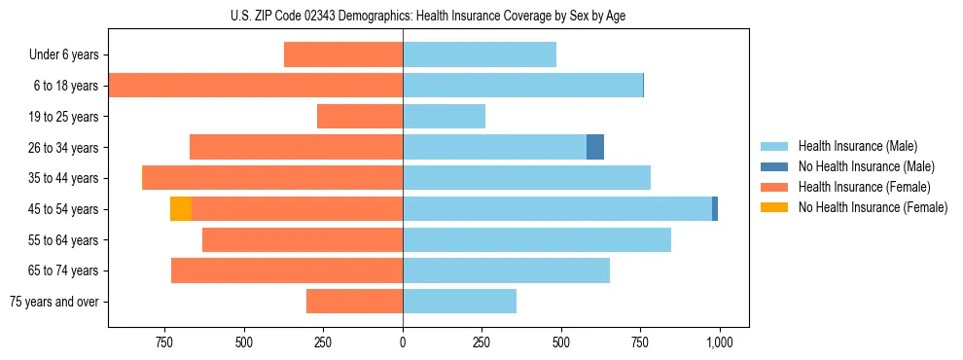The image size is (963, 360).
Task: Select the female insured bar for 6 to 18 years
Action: [256, 86]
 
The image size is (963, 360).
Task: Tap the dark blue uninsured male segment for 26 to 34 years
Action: [595, 147]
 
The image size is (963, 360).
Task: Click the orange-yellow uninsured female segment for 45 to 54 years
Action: [180, 208]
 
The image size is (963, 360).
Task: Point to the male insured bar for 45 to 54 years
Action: [557, 208]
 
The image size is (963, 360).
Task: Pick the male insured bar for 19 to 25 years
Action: [444, 117]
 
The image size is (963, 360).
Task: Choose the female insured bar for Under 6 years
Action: [343, 54]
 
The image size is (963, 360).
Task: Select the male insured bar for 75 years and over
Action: [459, 302]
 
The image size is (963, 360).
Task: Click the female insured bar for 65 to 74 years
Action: [287, 270]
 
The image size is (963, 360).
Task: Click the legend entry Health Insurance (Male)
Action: [857, 146]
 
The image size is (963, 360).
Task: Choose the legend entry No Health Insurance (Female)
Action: [873, 207]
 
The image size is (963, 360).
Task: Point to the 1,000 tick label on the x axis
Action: [719, 343]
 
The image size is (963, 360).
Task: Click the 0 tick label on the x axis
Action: [403, 343]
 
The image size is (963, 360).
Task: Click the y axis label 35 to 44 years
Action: [64, 178]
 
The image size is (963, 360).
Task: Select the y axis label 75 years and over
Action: [54, 302]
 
